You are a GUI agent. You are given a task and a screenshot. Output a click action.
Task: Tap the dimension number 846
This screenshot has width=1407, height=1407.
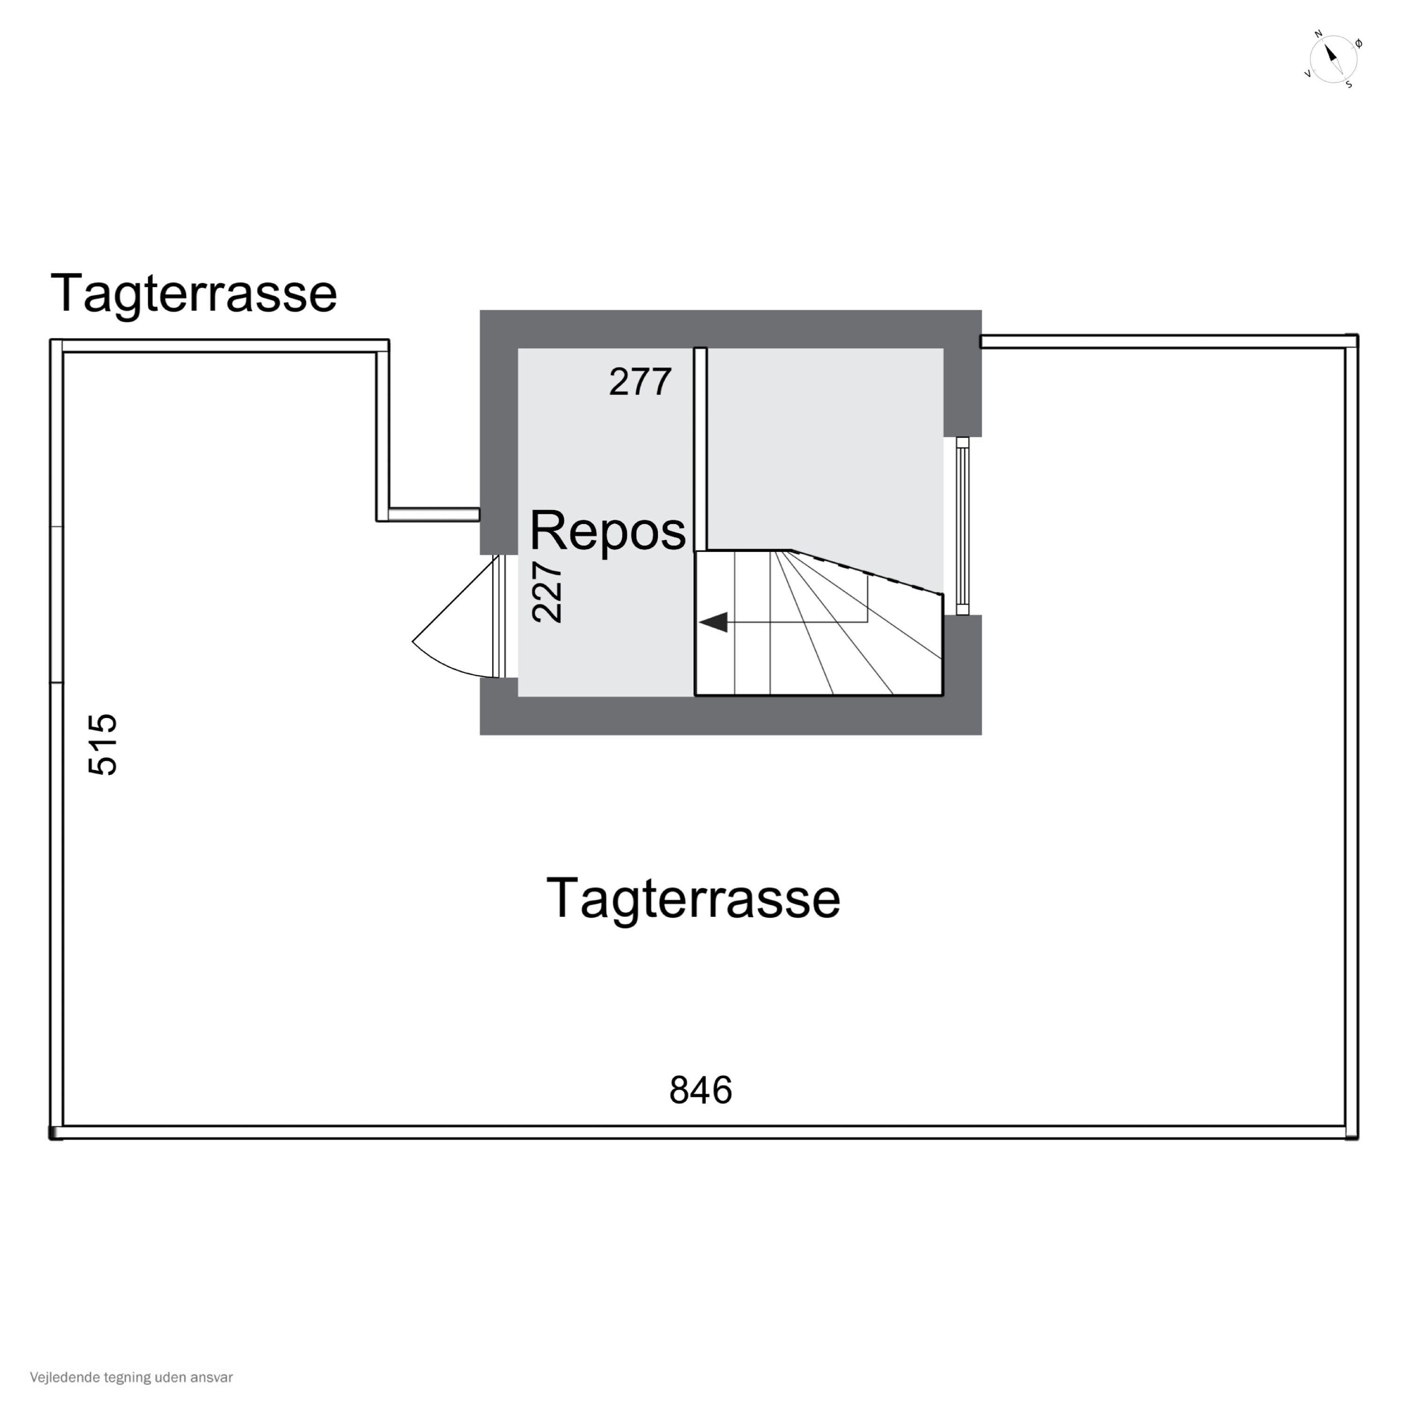701,1090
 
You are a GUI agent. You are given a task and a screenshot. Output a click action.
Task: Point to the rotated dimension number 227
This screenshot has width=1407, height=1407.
547,592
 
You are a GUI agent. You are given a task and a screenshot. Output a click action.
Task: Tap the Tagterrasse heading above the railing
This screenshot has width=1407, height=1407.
194,294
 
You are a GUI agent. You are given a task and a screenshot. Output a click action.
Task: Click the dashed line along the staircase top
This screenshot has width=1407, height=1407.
867,572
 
